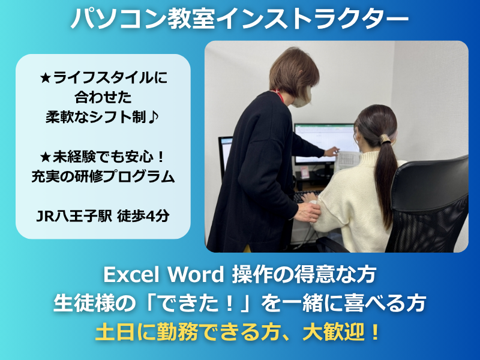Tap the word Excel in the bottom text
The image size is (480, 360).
point(132,275)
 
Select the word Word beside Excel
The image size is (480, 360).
point(196,275)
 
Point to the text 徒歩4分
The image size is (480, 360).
point(143,216)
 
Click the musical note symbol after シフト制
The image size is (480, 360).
point(153,117)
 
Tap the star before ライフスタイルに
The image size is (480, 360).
point(46,78)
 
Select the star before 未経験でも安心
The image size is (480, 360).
point(46,157)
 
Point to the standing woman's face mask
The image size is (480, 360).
point(302,97)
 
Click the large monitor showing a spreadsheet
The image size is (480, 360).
point(325,143)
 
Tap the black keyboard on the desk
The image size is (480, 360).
point(307,196)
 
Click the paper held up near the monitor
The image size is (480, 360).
point(347,161)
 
